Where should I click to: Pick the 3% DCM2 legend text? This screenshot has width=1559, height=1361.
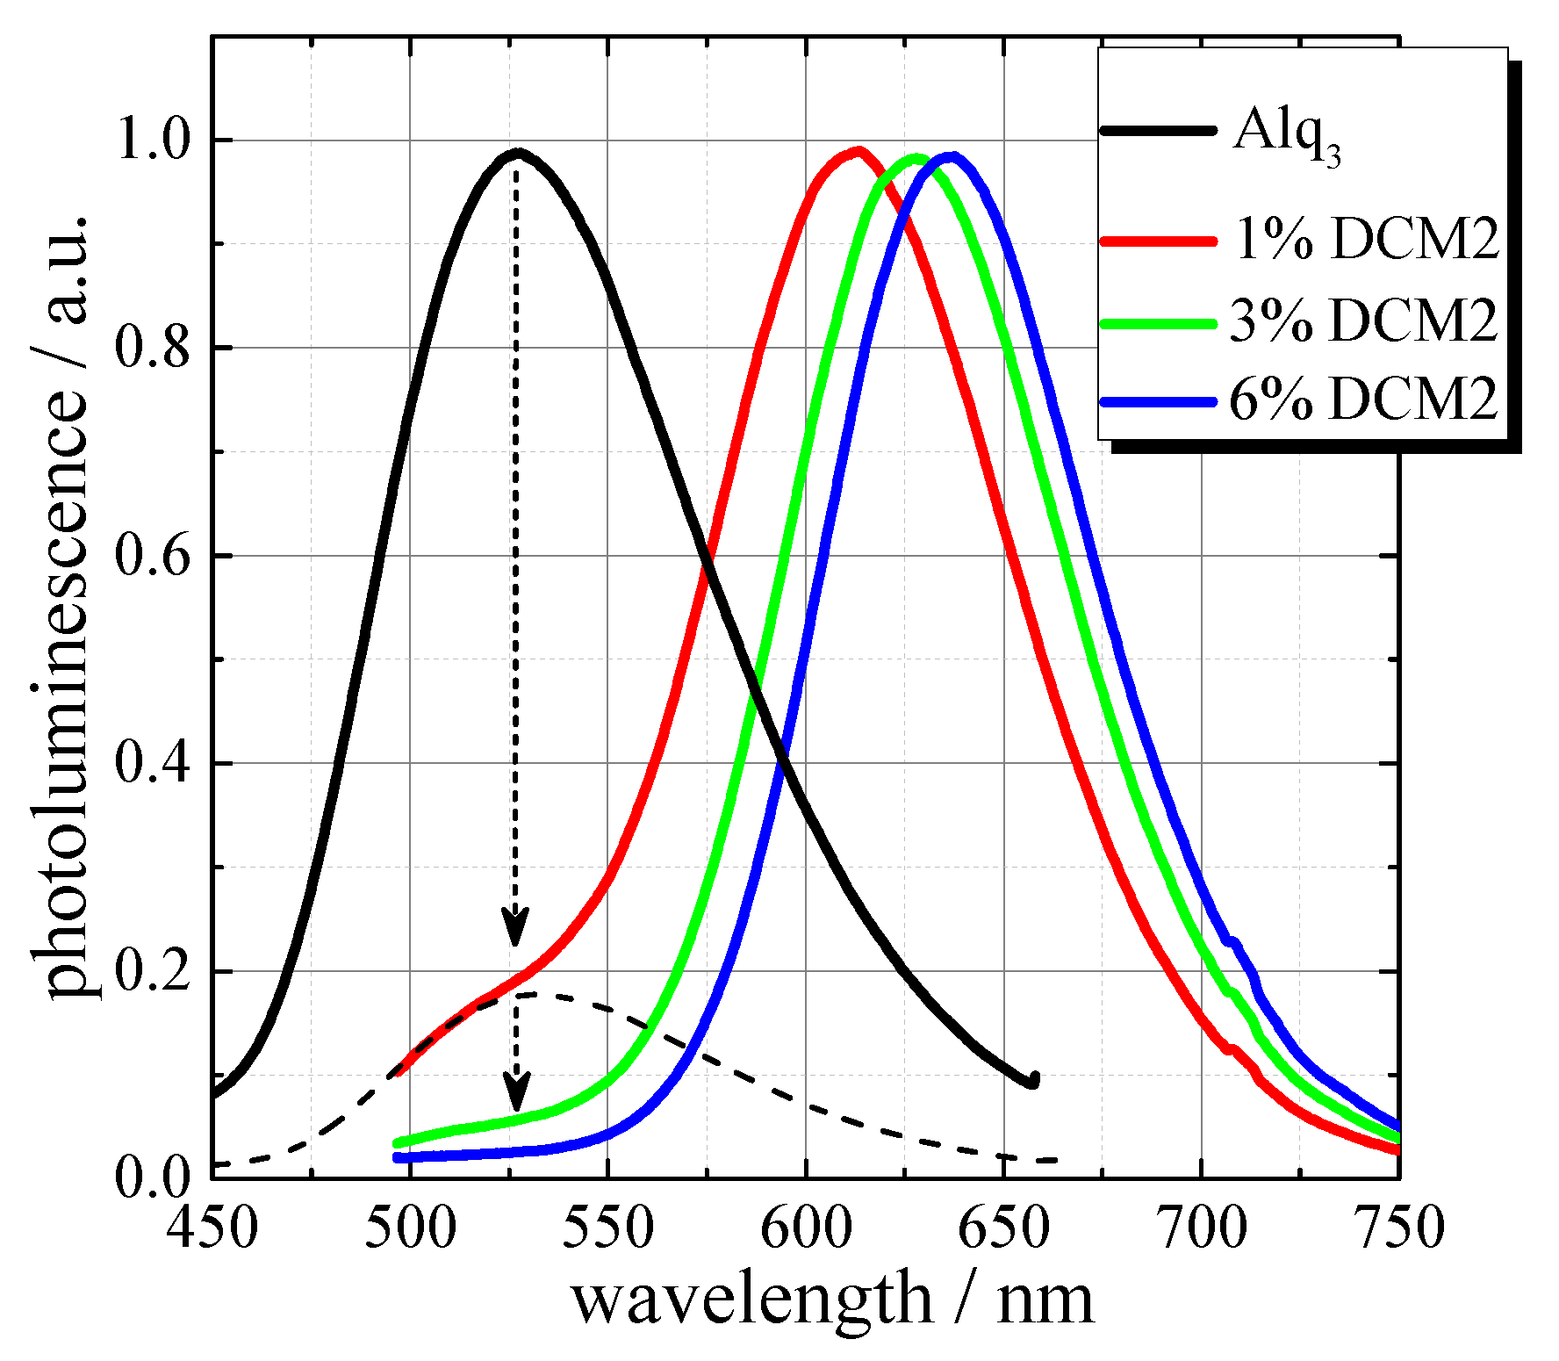[x=1363, y=320]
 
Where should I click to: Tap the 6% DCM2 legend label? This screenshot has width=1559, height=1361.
[x=1363, y=400]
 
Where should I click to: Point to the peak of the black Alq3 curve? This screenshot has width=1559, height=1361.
[x=518, y=153]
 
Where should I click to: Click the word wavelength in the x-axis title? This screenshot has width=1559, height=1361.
[x=751, y=1301]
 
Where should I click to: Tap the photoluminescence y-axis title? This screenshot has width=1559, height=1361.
[x=66, y=606]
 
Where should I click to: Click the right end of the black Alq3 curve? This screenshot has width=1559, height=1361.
[x=1033, y=1081]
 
